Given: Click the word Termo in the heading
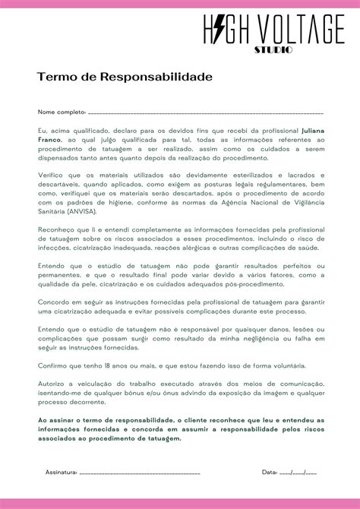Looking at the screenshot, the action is [54, 77].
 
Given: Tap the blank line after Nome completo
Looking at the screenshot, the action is [205, 112].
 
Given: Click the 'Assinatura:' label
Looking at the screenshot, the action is [62, 472].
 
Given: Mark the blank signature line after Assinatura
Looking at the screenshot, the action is [141, 472].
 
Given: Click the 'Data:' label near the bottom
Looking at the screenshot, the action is [270, 472].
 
